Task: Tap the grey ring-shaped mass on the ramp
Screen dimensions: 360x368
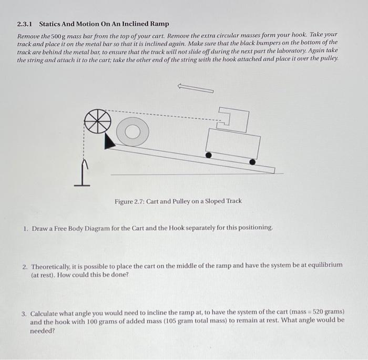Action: coord(132,132)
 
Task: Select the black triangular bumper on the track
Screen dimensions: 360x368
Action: coord(109,141)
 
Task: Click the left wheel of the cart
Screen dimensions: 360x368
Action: coord(209,155)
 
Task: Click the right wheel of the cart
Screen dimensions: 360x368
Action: coord(252,162)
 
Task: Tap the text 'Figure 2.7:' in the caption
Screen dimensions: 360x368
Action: coord(129,201)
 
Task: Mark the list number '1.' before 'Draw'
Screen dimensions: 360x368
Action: coord(25,229)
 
